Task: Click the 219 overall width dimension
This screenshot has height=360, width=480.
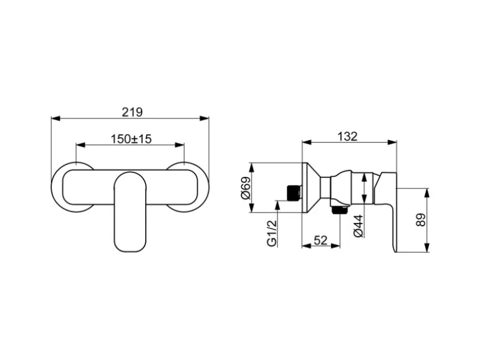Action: click(x=132, y=112)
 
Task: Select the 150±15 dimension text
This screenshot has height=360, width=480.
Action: click(x=131, y=139)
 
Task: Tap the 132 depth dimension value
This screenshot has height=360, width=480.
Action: click(x=347, y=136)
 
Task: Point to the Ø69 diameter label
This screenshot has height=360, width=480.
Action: click(x=246, y=188)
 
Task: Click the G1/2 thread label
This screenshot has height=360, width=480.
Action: click(x=272, y=234)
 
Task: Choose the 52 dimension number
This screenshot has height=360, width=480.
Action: click(x=320, y=240)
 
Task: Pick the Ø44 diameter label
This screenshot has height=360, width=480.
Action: click(x=358, y=226)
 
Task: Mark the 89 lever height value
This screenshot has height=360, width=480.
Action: click(x=421, y=220)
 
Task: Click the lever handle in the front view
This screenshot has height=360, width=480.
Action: click(x=130, y=212)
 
